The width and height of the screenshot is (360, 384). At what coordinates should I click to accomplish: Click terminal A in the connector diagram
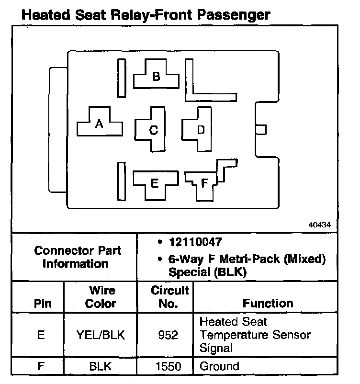pos(100,124)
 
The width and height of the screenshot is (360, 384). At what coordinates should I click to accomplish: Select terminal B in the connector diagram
pos(156,77)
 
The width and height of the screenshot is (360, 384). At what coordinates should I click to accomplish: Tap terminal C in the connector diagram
pos(154,129)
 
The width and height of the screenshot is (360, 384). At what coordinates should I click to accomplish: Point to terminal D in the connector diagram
pos(201,129)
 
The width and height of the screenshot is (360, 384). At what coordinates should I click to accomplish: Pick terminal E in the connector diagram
pos(154,182)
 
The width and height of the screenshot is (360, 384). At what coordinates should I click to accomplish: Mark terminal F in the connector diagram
pos(204,183)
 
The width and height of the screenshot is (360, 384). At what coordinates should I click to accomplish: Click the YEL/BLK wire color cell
pos(101,335)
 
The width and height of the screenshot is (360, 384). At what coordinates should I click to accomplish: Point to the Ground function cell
pos(219,367)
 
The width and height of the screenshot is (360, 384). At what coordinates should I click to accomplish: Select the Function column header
pos(268,304)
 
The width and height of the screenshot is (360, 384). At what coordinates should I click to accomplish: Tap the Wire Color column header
pos(101,297)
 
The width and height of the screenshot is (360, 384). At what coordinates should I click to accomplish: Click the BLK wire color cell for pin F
pos(101,367)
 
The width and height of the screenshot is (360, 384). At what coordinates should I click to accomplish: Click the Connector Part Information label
pos(78,257)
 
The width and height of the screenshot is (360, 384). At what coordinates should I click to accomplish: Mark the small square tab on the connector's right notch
pos(261,129)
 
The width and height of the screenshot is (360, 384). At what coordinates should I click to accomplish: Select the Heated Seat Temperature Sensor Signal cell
pos(255,335)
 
